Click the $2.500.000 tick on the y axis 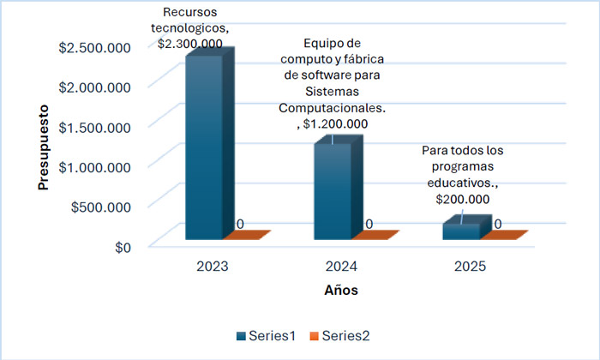coord(96,47)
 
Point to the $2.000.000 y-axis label coord(96,87)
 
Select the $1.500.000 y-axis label coord(96,127)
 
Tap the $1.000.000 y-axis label coord(96,166)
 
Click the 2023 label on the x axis coord(212,267)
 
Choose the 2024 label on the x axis coord(341,267)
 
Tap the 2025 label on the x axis coord(470,267)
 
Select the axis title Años coord(341,291)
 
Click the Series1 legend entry coord(265,335)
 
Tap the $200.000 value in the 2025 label coord(463,199)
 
